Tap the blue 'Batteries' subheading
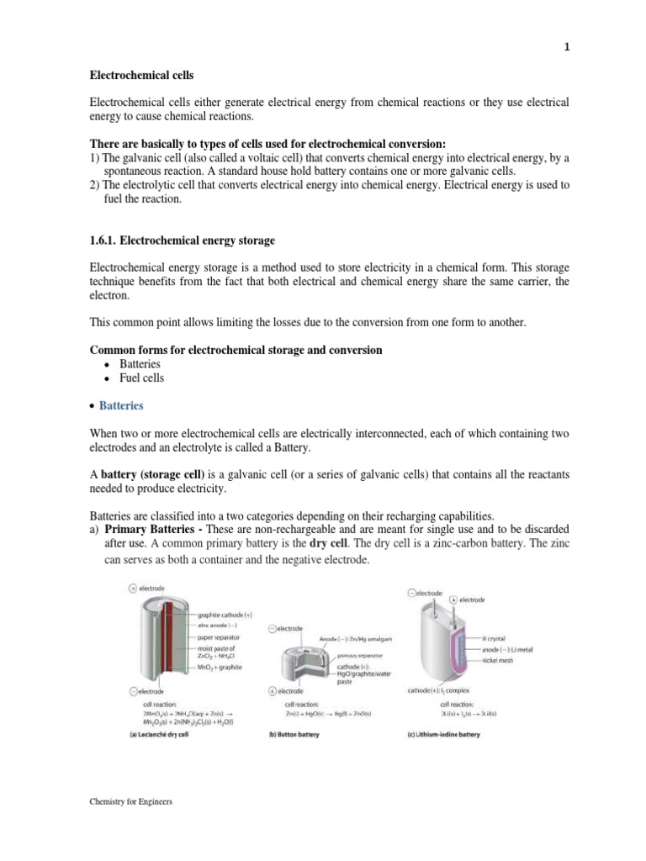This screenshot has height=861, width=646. tap(121, 405)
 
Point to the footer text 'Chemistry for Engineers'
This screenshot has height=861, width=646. tap(130, 802)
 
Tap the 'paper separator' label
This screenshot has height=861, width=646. tap(220, 637)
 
